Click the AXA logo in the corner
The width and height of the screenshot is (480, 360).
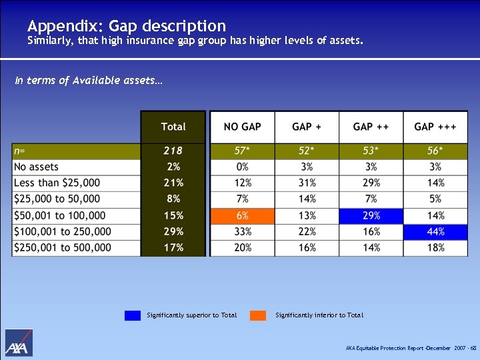19,343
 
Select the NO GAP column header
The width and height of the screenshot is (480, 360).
242,127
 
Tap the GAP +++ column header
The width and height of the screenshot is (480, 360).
435,127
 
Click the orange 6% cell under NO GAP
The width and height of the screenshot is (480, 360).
242,216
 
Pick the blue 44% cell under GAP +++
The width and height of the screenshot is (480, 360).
435,232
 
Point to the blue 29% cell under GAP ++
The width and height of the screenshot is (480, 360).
371,216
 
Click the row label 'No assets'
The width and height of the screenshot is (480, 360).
37,167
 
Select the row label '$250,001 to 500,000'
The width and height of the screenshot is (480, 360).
63,248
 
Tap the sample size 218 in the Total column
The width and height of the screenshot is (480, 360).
173,151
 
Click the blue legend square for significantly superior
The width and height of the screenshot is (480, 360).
132,315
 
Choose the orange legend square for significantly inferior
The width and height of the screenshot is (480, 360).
258,315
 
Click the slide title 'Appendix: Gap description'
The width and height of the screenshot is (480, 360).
127,26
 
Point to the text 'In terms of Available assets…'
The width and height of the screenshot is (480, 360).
88,80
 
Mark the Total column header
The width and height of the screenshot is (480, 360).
173,127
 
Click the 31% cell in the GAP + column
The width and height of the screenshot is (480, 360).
307,183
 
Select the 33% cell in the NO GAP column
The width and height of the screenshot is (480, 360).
242,232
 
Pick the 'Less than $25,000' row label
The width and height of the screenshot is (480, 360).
57,183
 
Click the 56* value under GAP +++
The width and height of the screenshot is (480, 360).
435,151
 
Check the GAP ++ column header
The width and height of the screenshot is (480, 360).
371,127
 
